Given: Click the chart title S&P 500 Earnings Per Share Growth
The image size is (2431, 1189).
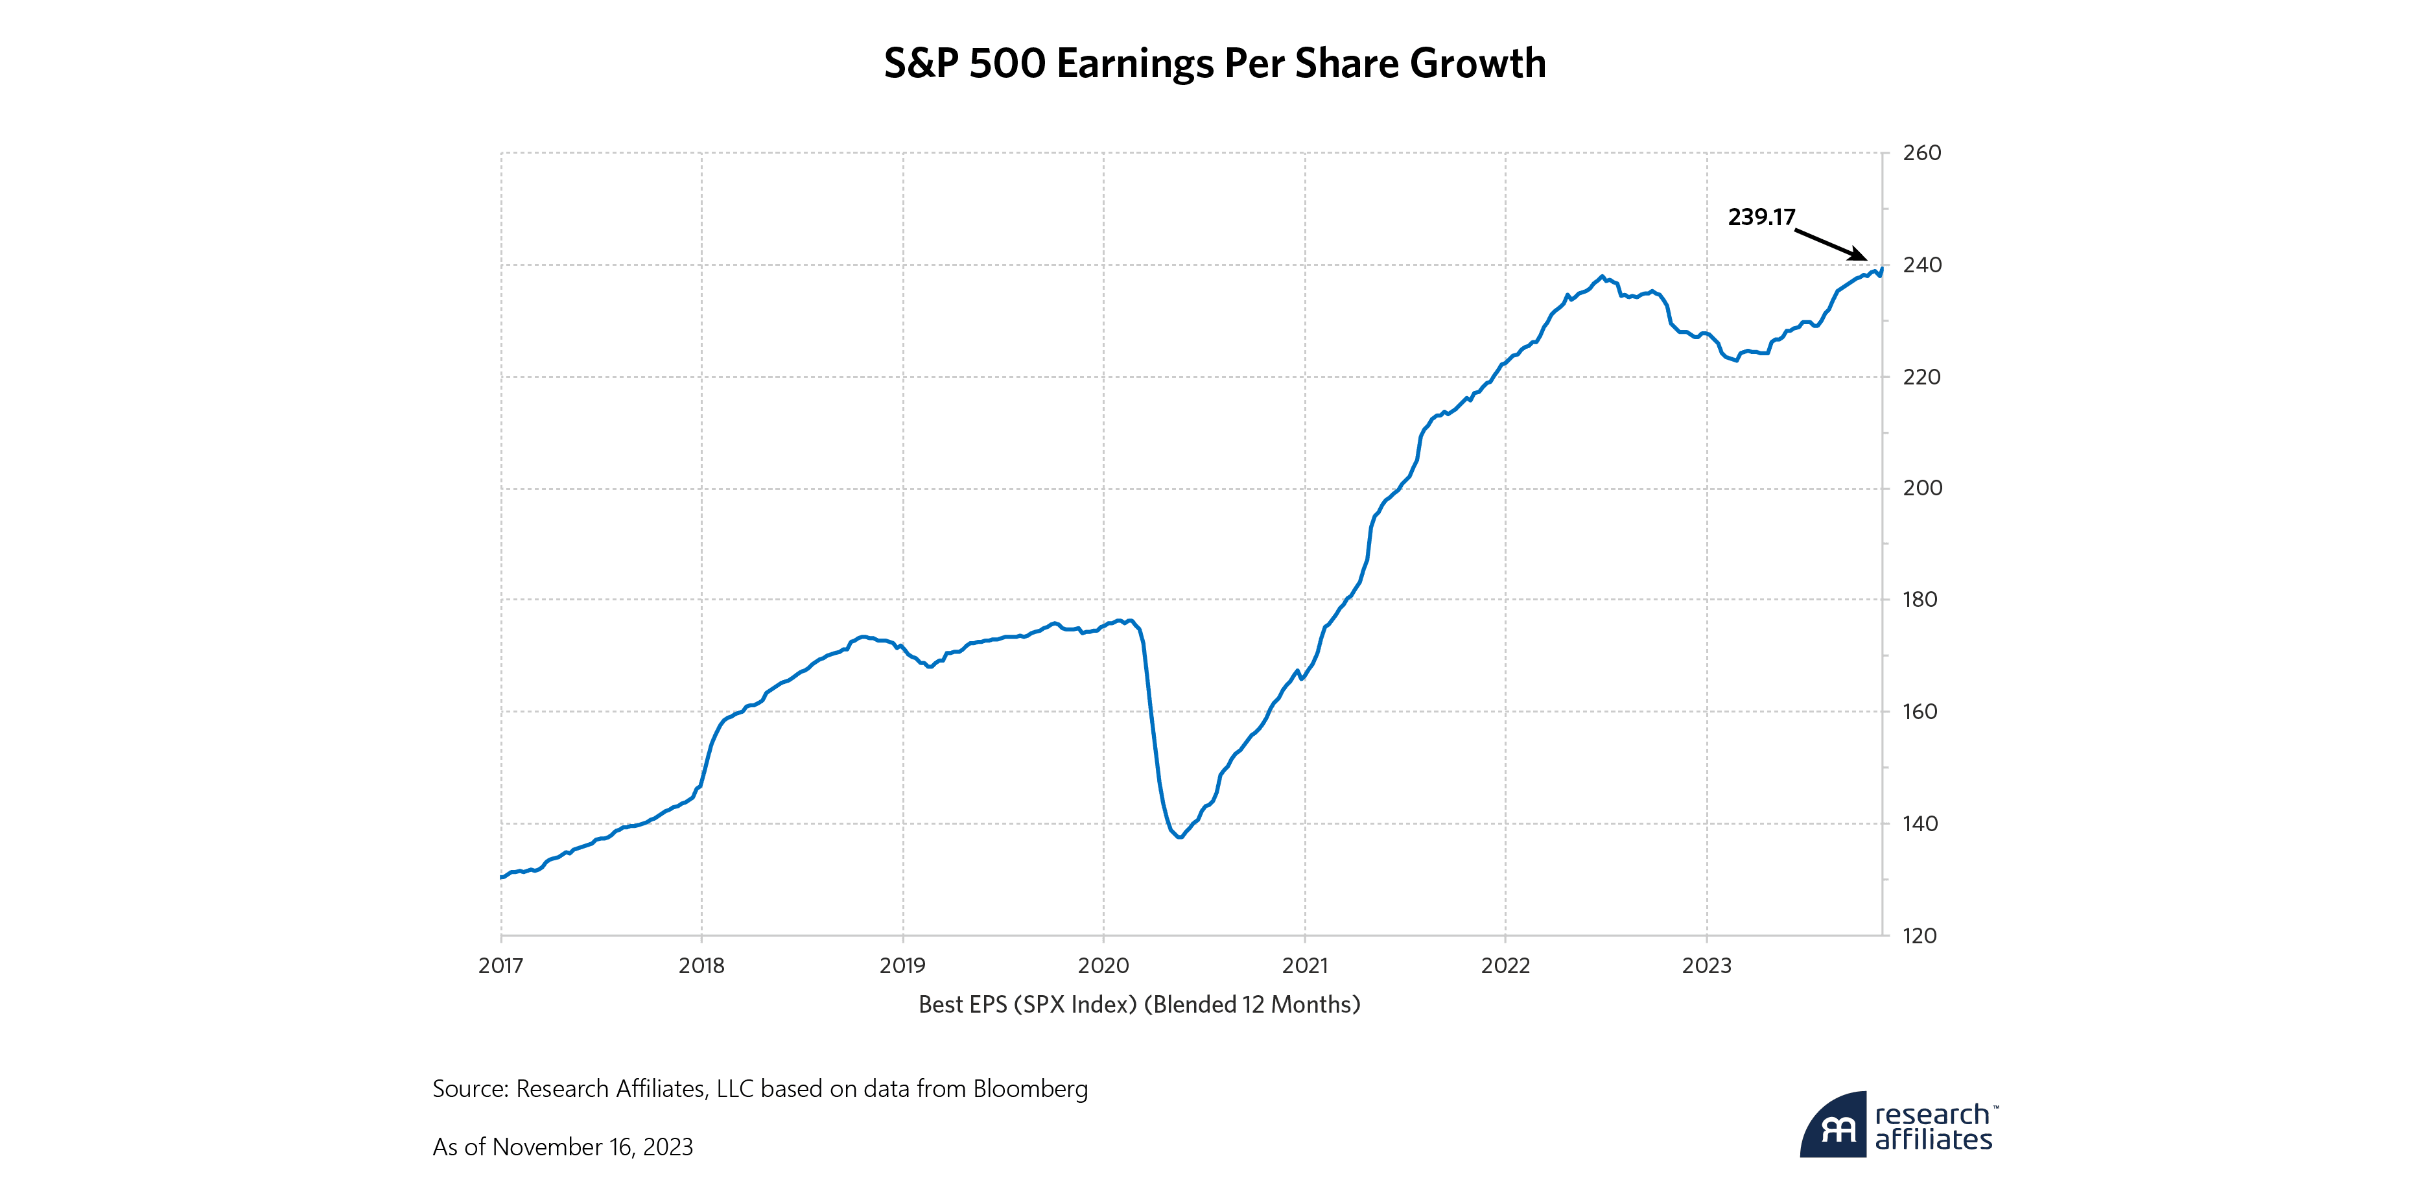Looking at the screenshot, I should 1215,64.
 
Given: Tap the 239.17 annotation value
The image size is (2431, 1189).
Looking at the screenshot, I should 1761,217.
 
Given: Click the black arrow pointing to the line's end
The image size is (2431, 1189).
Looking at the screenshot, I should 1830,244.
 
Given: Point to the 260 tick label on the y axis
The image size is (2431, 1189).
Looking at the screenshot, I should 1921,153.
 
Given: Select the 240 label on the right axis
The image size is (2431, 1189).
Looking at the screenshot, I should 1921,265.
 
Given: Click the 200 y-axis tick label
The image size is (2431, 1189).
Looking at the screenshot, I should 1921,488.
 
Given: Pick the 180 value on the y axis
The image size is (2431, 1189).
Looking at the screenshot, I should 1920,599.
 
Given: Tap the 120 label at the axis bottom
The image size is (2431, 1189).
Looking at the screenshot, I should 1920,936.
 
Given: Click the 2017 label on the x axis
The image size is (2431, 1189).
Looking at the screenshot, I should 500,965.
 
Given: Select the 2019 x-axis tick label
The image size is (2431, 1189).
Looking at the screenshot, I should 902,965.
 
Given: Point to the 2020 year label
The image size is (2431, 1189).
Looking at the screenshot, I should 1103,965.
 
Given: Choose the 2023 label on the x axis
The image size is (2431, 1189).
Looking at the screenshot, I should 1706,965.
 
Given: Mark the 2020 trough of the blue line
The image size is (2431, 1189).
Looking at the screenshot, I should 1180,837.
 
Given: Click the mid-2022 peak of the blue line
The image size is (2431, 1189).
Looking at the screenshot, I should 1601,276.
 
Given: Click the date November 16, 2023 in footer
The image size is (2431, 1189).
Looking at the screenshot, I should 593,1148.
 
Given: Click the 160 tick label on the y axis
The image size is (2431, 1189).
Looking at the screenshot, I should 1920,711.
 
